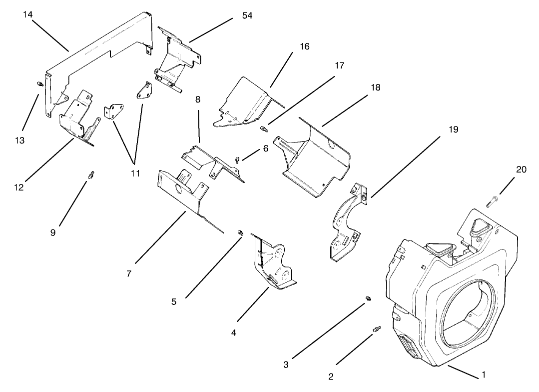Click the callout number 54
pyautogui.click(x=247, y=15)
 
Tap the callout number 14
pyautogui.click(x=28, y=14)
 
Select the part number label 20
pyautogui.click(x=521, y=169)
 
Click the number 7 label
pyautogui.click(x=129, y=274)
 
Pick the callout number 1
pyautogui.click(x=483, y=373)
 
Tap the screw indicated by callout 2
pyautogui.click(x=376, y=329)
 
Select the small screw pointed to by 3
pyautogui.click(x=368, y=298)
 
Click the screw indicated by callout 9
pyautogui.click(x=91, y=175)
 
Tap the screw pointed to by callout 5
pyautogui.click(x=240, y=231)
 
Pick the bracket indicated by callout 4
pyautogui.click(x=272, y=265)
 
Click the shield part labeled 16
pyautogui.click(x=245, y=102)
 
